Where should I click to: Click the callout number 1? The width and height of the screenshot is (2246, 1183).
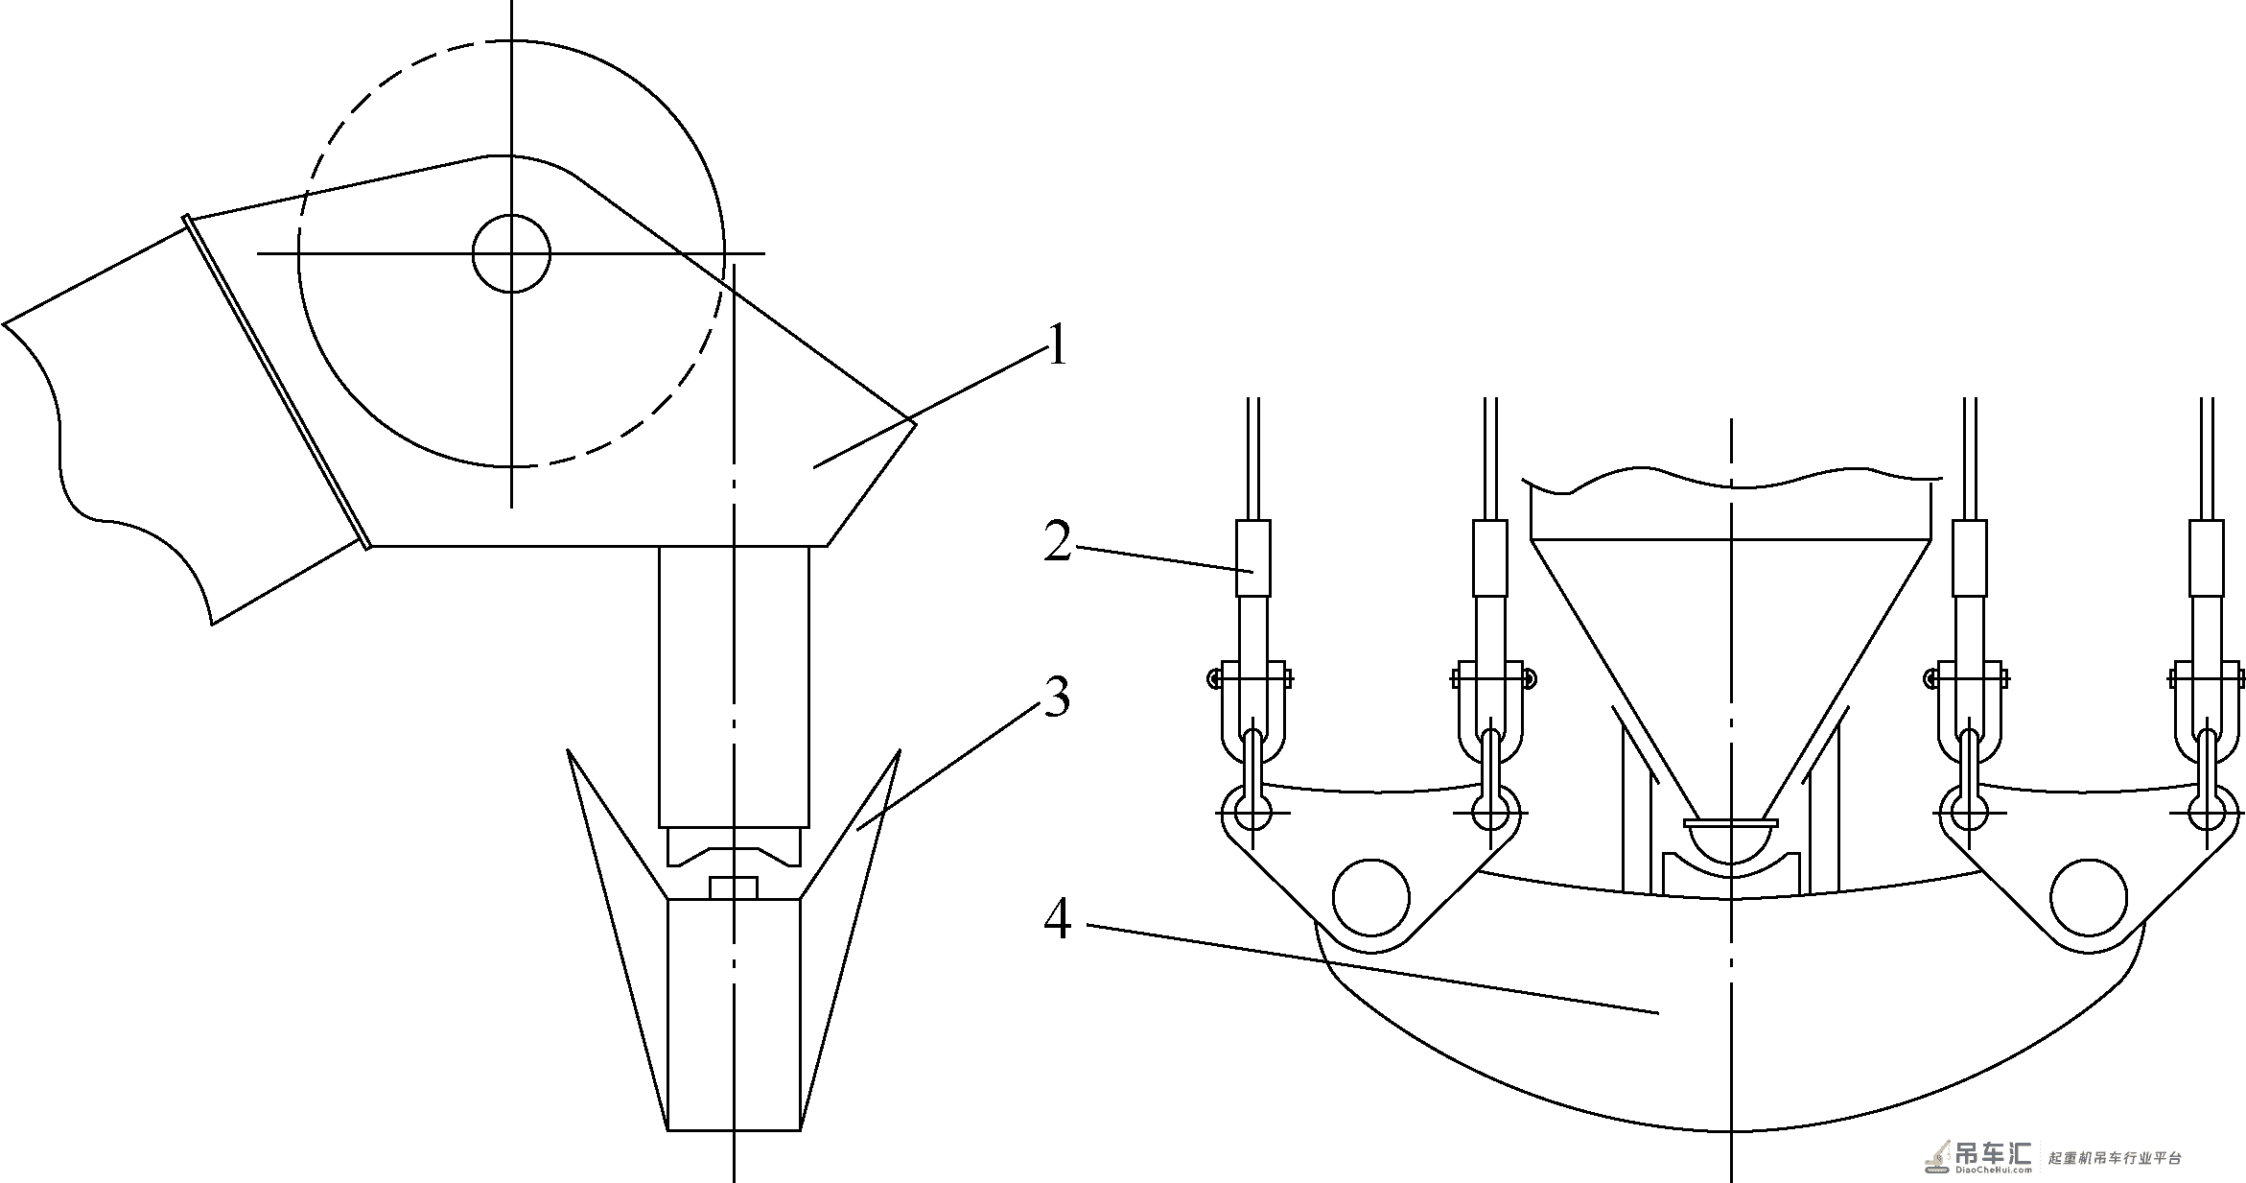pyautogui.click(x=1057, y=345)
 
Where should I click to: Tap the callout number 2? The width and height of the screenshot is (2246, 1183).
pyautogui.click(x=1058, y=542)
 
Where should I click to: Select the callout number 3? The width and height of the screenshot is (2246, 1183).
pyautogui.click(x=1057, y=697)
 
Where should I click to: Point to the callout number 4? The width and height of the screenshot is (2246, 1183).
pyautogui.click(x=1057, y=919)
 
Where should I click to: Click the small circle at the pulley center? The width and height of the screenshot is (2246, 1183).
pyautogui.click(x=511, y=253)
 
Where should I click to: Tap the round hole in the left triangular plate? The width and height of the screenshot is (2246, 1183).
pyautogui.click(x=1371, y=898)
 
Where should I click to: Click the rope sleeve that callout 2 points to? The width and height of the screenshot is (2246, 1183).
pyautogui.click(x=1253, y=558)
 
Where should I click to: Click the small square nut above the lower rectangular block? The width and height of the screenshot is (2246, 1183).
pyautogui.click(x=734, y=887)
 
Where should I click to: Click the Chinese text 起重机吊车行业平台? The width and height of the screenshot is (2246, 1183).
pyautogui.click(x=2115, y=1158)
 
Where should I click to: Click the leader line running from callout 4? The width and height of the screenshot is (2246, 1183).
pyautogui.click(x=1372, y=969)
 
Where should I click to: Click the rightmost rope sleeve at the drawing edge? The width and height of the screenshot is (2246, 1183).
pyautogui.click(x=2207, y=558)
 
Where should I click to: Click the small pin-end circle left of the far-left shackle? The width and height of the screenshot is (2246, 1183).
pyautogui.click(x=1213, y=678)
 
